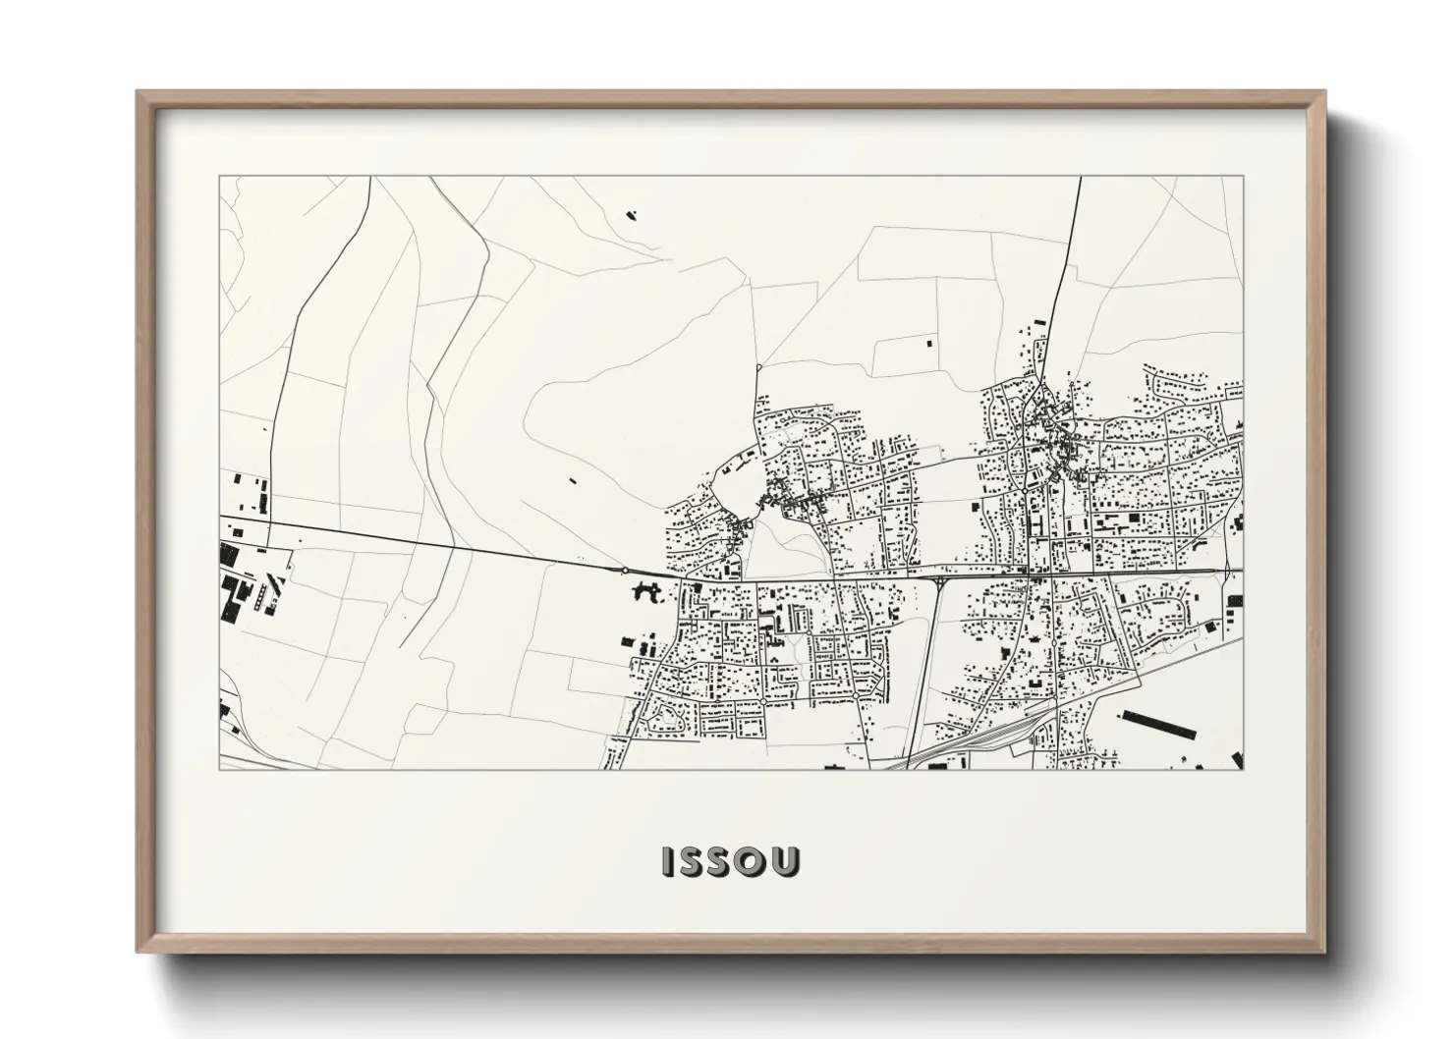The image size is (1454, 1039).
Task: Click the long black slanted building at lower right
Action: click(x=1158, y=727)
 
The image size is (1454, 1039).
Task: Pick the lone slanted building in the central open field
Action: click(x=573, y=481)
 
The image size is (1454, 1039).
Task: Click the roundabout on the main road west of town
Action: click(x=625, y=570)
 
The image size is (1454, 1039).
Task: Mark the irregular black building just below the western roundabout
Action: click(x=645, y=591)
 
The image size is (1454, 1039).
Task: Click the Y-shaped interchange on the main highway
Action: click(x=941, y=582)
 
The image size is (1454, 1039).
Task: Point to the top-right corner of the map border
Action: click(x=1243, y=177)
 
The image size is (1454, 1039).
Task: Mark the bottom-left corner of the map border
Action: click(x=220, y=769)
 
